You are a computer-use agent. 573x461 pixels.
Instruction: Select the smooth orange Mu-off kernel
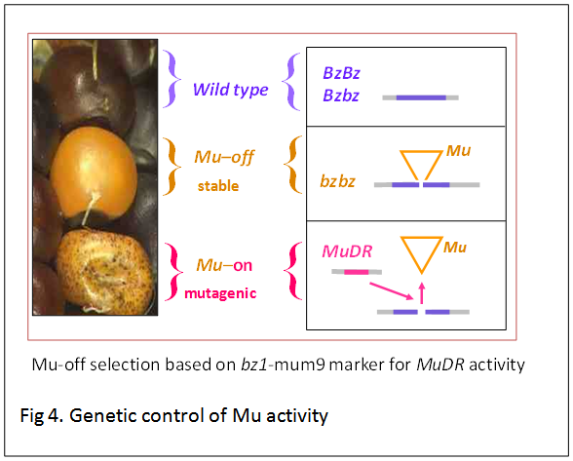click(97, 165)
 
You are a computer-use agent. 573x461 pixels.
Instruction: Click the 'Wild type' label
click(230, 90)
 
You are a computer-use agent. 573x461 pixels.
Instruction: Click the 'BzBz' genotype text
click(343, 72)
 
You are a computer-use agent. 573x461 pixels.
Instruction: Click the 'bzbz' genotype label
click(340, 181)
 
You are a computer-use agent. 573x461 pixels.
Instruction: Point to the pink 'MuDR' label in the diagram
click(348, 251)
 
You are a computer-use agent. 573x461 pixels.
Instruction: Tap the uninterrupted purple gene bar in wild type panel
click(420, 97)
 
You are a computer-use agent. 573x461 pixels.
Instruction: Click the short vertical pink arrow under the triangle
click(421, 290)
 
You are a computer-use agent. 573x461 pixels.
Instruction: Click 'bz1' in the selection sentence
click(251, 365)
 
